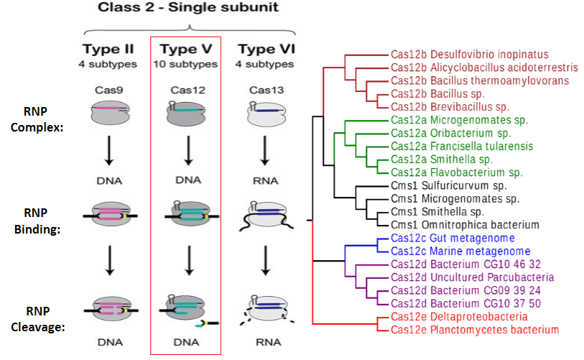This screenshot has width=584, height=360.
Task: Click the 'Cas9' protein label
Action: (107, 91)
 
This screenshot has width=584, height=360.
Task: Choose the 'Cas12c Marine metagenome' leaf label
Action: (460, 251)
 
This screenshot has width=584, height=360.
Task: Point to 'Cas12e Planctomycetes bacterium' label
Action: (474, 330)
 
